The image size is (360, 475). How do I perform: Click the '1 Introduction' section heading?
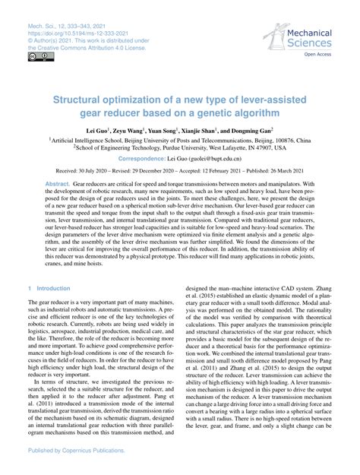coord(48,268)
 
